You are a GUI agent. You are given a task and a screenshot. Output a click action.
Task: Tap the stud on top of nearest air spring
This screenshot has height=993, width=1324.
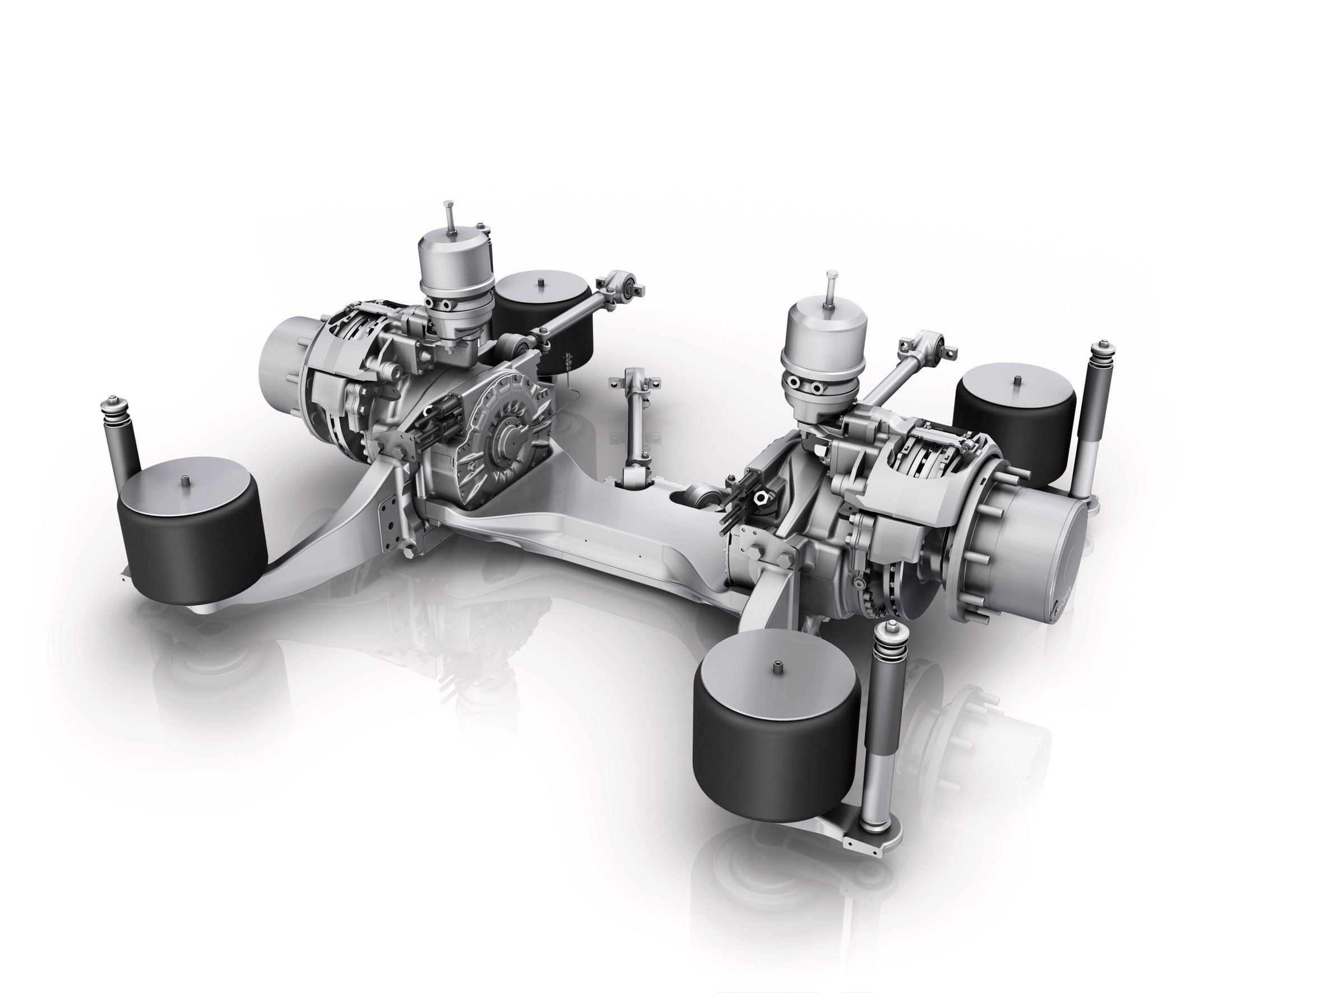777,666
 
